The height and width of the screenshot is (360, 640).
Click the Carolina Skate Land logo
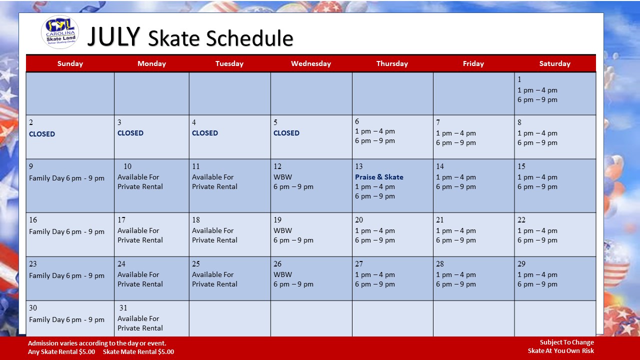(60, 32)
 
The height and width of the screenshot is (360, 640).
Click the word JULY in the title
(113, 36)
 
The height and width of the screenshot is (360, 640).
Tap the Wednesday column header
(311, 63)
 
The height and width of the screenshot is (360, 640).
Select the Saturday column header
(554, 63)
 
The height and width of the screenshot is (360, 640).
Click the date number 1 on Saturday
(519, 79)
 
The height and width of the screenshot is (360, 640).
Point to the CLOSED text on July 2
(42, 134)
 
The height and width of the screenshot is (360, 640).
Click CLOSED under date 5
(286, 133)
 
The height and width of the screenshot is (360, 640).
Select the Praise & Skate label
(379, 177)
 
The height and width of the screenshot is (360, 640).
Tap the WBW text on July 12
(282, 177)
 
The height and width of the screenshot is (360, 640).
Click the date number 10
(127, 166)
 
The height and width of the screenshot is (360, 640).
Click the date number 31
(123, 307)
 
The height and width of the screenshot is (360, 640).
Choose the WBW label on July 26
(282, 274)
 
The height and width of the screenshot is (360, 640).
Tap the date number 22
(521, 219)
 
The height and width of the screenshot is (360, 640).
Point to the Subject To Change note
(567, 342)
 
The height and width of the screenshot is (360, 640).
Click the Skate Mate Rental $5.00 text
(138, 351)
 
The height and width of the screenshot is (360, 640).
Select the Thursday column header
(392, 63)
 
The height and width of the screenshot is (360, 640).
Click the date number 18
(195, 219)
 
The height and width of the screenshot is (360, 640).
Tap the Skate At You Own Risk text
(561, 351)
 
